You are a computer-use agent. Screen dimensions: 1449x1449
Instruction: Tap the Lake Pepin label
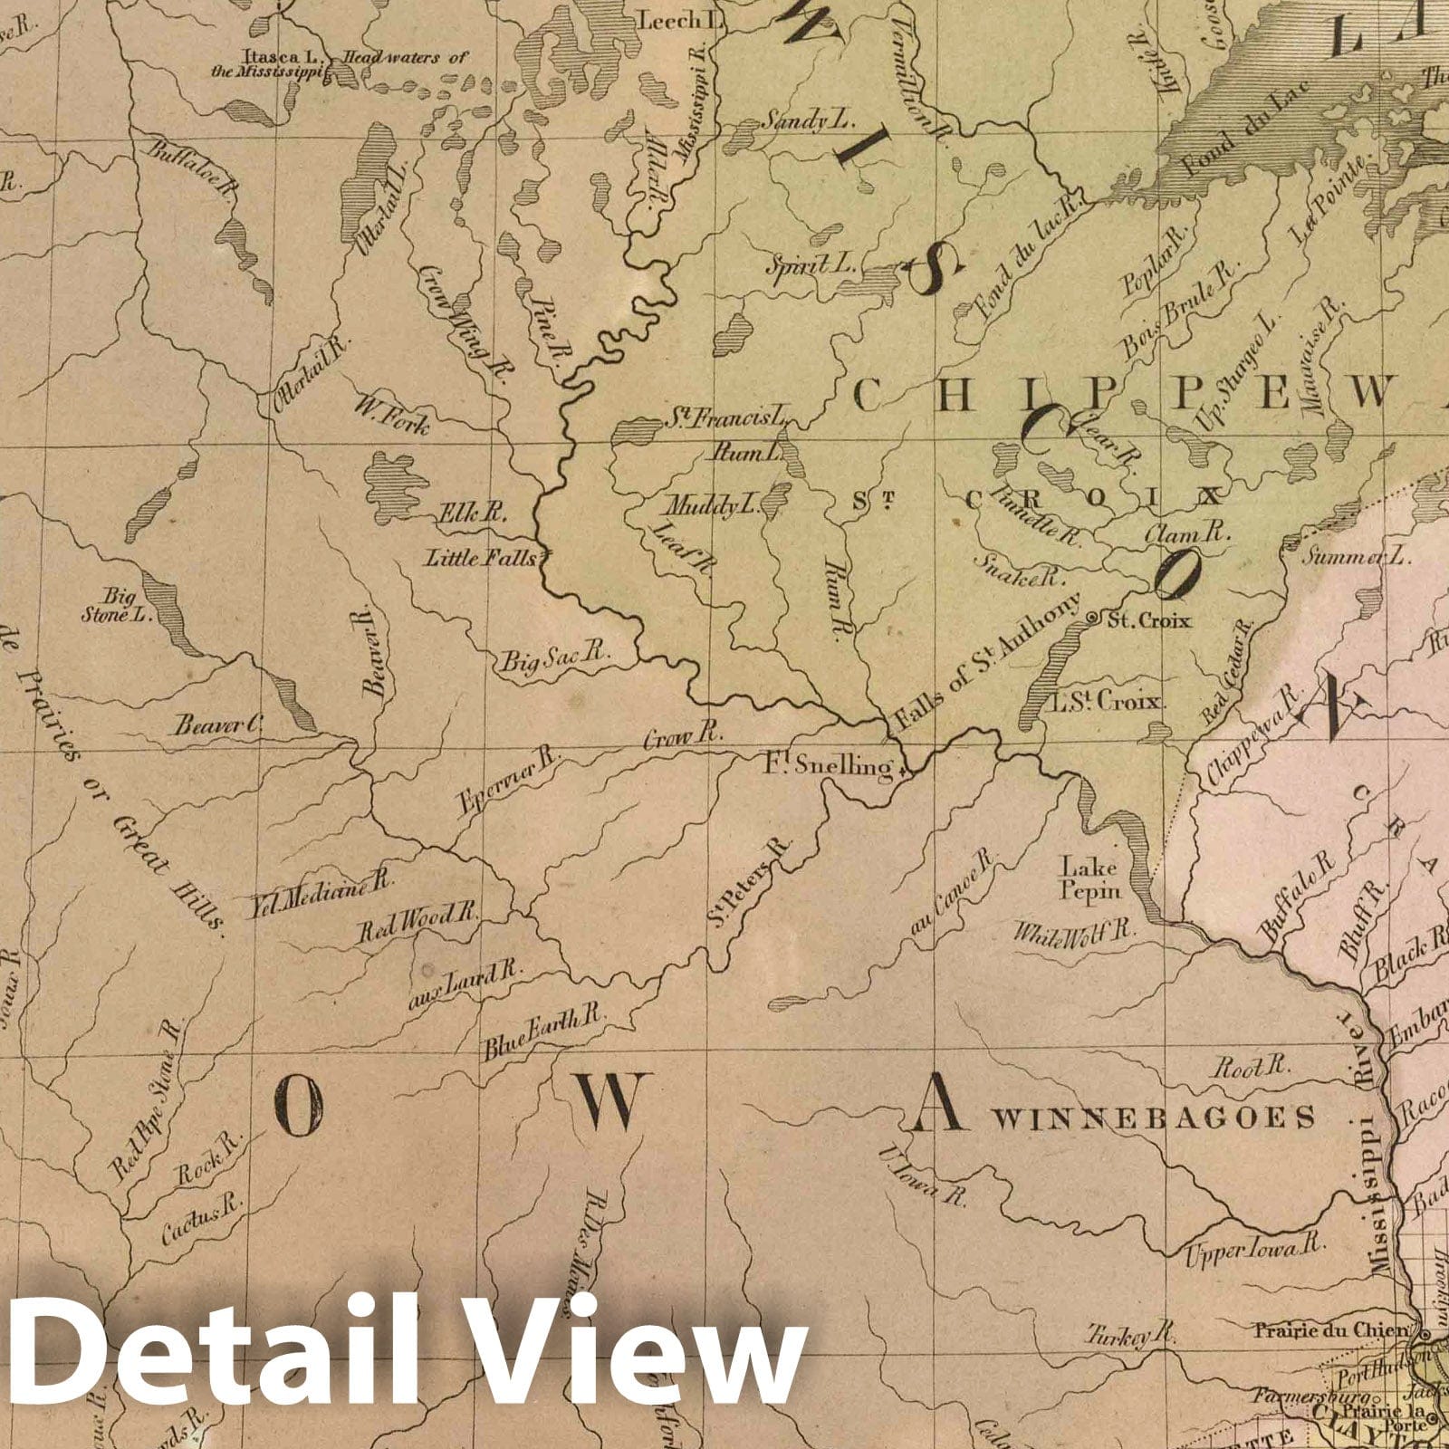pos(1091,878)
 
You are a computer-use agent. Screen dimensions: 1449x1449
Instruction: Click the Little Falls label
pos(482,558)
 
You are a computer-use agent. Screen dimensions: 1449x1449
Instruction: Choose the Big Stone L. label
pos(130,606)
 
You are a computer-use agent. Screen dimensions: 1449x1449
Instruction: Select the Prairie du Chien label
pos(1331,1330)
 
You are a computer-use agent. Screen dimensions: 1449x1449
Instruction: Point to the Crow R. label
pos(682,738)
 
